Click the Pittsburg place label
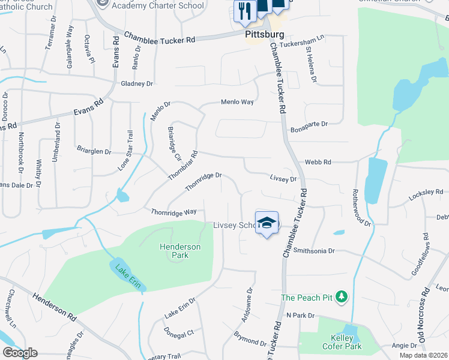tap(265, 35)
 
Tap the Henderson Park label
tap(179, 251)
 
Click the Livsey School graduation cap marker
tap(267, 223)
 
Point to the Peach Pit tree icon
tap(342, 296)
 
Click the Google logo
tap(20, 353)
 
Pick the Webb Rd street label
tap(318, 162)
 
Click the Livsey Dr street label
tap(283, 178)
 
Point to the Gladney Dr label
tap(137, 84)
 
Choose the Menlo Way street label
tap(237, 102)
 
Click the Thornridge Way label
tap(173, 212)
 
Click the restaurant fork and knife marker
tap(244, 11)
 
